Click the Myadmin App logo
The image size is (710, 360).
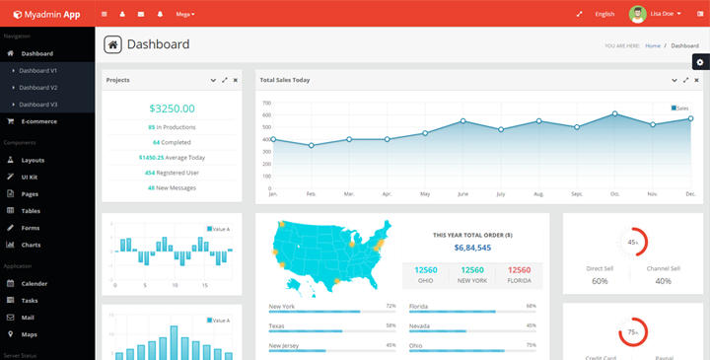click(x=46, y=14)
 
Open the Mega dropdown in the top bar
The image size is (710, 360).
click(x=184, y=15)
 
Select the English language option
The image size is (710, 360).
click(x=604, y=15)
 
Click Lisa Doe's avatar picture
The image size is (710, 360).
click(x=639, y=14)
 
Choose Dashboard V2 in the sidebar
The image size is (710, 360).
click(x=37, y=88)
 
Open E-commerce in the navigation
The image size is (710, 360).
click(x=38, y=121)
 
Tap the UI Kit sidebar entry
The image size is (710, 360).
click(x=30, y=177)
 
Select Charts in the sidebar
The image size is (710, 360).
click(x=31, y=245)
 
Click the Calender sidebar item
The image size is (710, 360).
click(x=34, y=283)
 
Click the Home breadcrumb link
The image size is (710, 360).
click(x=652, y=45)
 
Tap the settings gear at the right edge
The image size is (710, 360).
click(x=699, y=62)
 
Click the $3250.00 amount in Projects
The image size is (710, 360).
click(x=172, y=108)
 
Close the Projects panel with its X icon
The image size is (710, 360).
click(x=235, y=80)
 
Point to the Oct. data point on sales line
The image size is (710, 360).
click(x=614, y=114)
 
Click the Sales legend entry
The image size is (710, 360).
click(x=680, y=108)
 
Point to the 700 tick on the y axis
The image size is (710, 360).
click(x=265, y=103)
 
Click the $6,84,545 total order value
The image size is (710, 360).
click(x=472, y=248)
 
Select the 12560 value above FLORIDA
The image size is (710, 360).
click(x=520, y=270)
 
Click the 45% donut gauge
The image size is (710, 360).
click(x=632, y=242)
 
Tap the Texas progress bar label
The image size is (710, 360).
click(x=276, y=325)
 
